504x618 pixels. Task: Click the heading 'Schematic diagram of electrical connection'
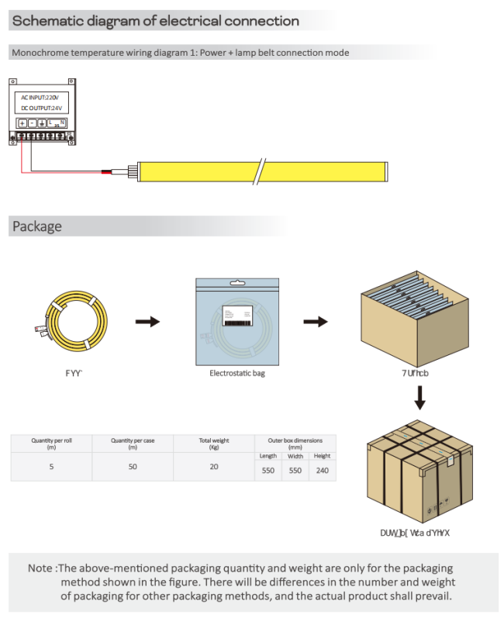point(155,21)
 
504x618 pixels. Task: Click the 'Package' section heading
point(36,226)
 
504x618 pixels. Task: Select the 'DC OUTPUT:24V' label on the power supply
point(42,109)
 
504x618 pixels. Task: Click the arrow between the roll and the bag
point(147,322)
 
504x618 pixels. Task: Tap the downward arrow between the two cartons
point(419,398)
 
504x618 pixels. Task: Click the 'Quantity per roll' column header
point(51,444)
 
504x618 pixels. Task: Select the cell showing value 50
point(133,467)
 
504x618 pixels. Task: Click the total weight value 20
point(214,467)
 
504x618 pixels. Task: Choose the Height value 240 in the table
point(323,471)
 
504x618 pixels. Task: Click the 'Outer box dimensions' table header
point(295,444)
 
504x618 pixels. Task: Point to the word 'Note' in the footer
point(40,568)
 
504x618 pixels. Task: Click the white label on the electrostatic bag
point(237,314)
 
